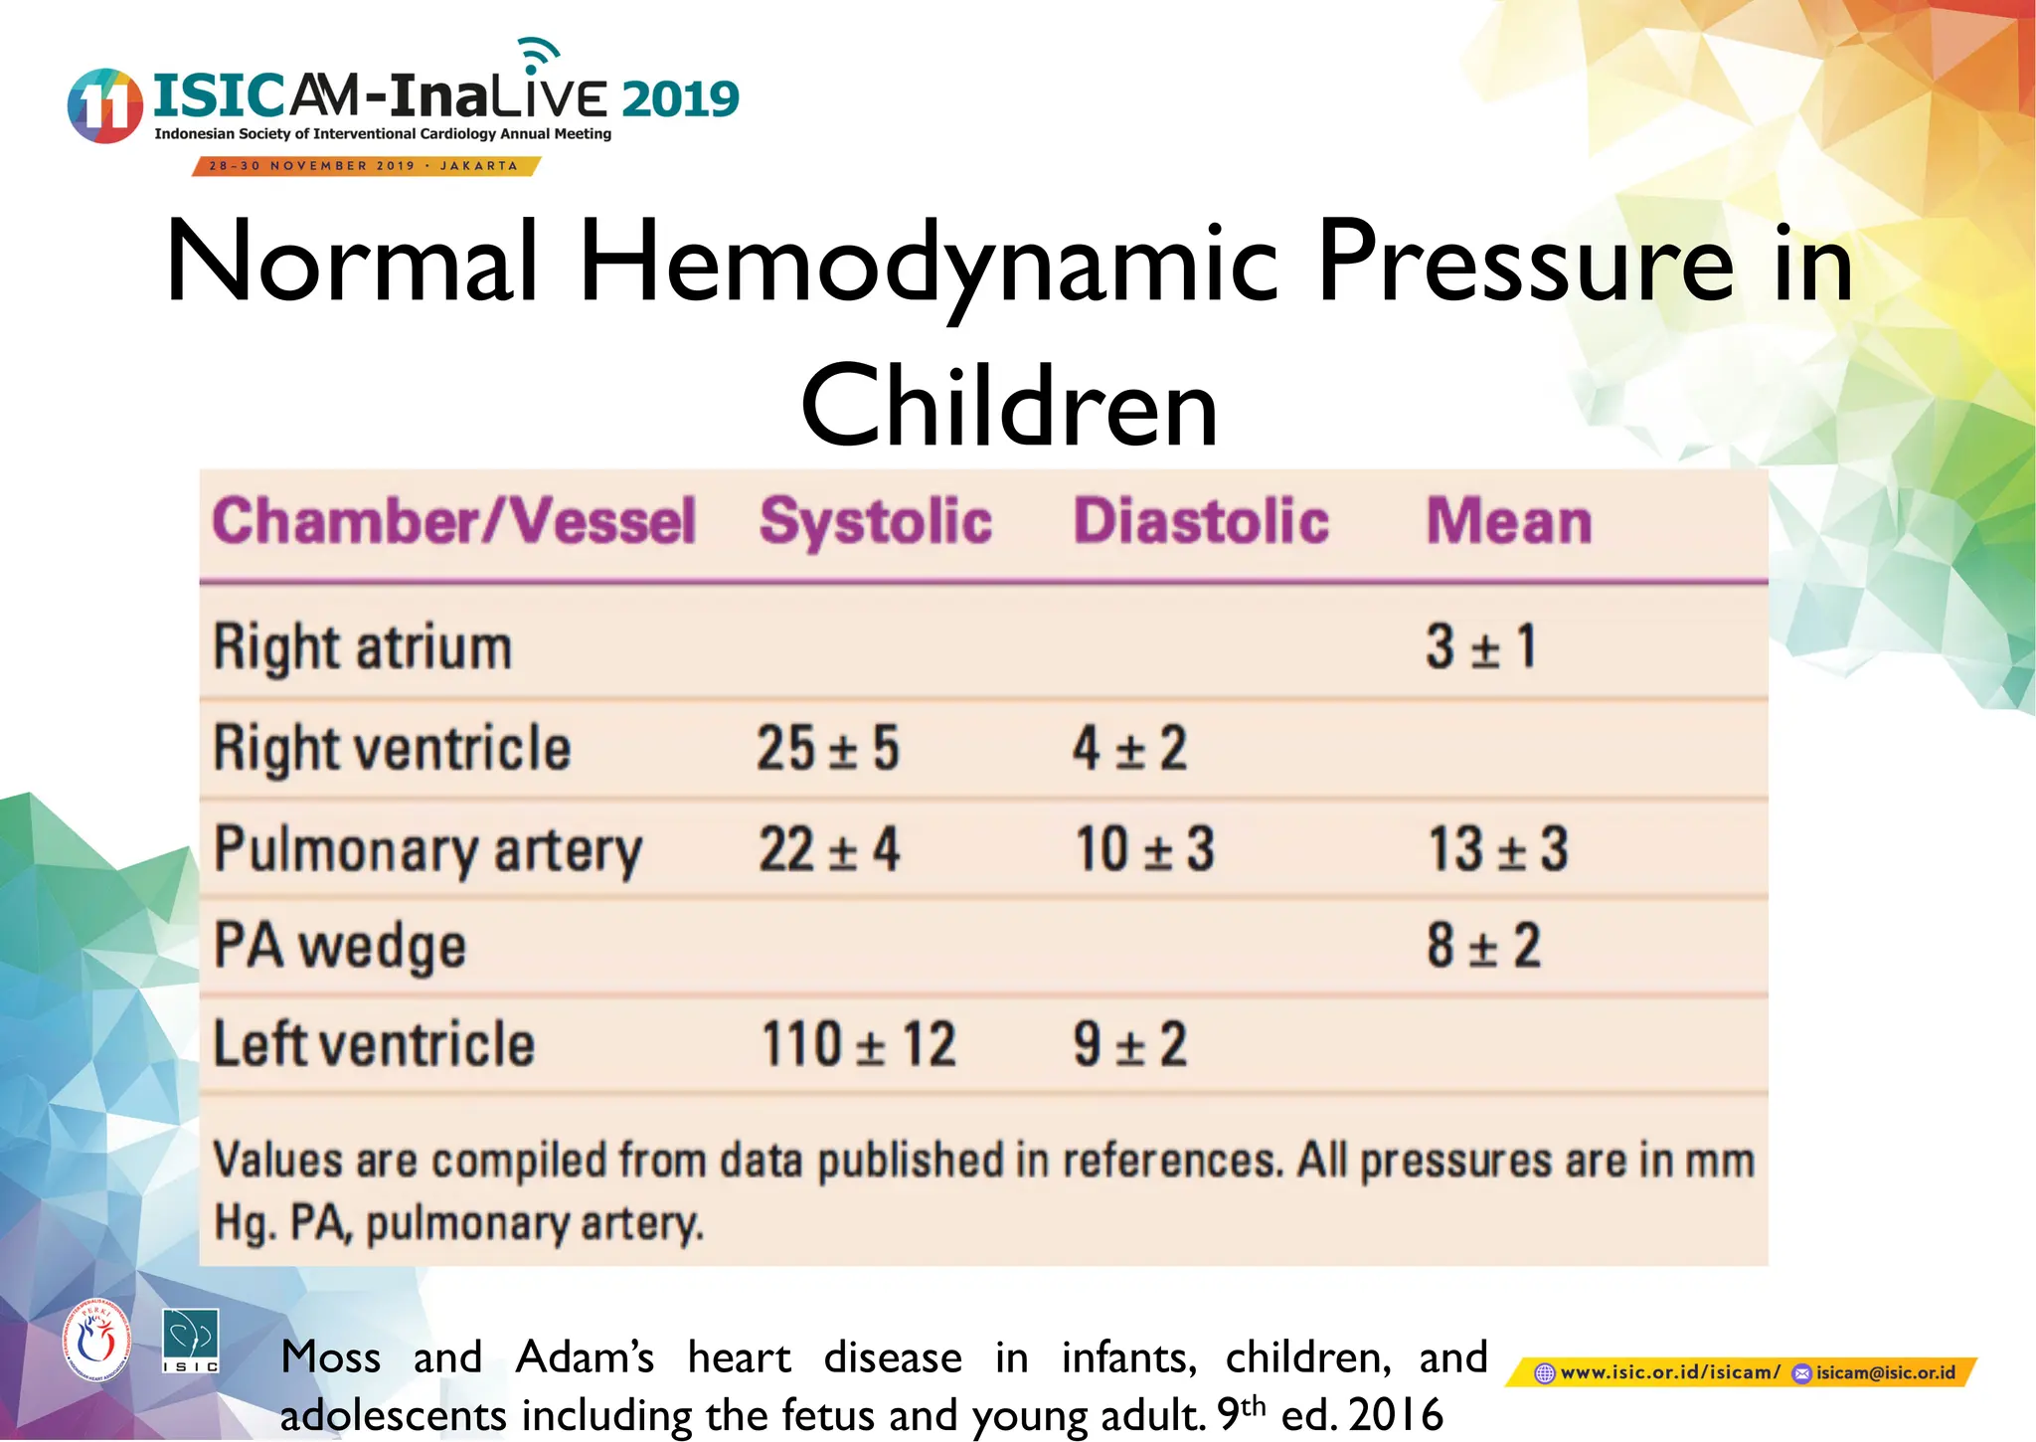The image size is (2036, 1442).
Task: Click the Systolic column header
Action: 876,521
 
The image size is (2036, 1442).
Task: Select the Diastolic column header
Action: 1201,521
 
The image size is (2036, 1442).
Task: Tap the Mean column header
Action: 1509,521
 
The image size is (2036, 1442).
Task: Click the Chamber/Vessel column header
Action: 454,521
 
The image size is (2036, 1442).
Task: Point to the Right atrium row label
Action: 363,647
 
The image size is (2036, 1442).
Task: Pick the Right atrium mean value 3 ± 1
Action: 1481,647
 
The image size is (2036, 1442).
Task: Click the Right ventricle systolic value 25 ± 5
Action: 828,748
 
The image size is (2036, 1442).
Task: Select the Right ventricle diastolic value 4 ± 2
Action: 1129,748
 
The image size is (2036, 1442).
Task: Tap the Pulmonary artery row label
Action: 428,851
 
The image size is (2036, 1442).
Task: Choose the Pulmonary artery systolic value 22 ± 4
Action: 829,850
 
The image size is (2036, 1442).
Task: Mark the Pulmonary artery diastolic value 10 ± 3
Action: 1145,850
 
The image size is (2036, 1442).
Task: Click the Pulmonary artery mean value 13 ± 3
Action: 1498,850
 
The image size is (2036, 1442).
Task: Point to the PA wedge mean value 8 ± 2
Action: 1484,946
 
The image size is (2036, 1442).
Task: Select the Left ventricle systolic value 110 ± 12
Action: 859,1045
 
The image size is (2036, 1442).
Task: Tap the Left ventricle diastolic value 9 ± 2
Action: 1130,1045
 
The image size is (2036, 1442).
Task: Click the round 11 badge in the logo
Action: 104,105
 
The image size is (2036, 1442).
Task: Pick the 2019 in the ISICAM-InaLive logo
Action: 681,98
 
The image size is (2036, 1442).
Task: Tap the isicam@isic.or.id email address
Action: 1885,1373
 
